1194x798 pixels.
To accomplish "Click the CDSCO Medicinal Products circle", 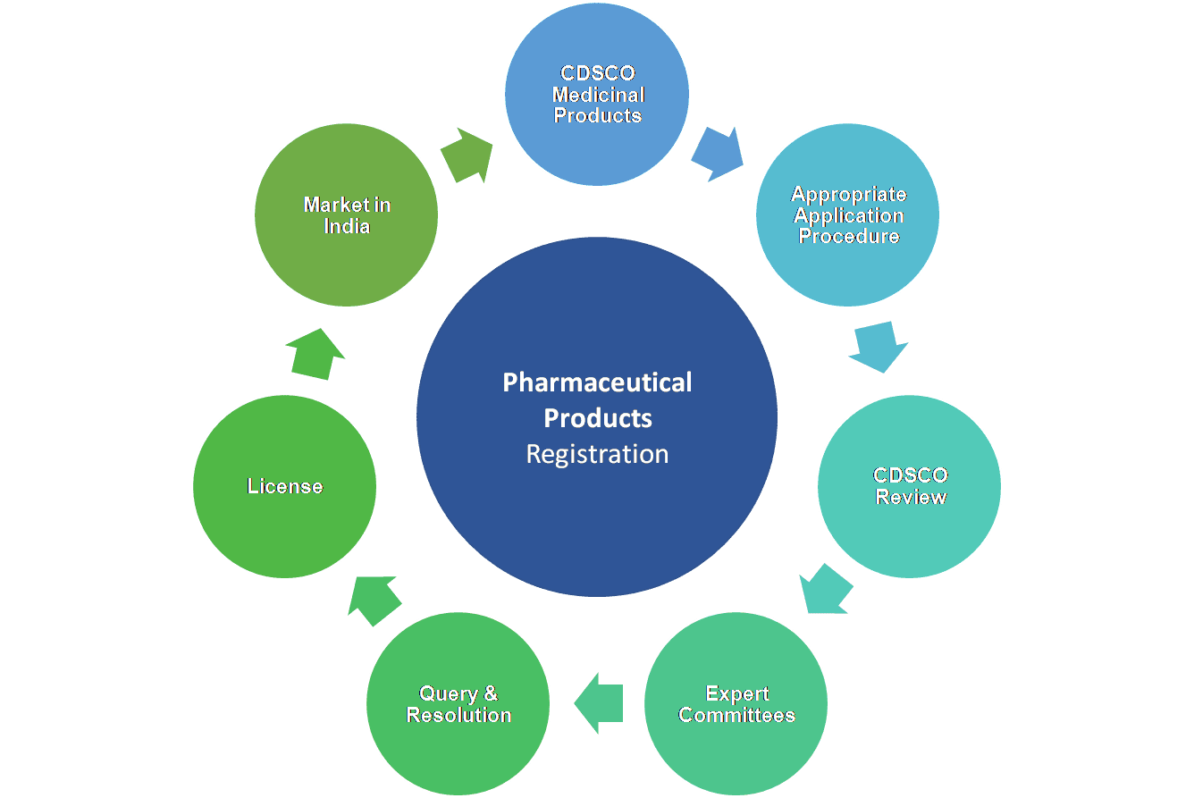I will tap(597, 94).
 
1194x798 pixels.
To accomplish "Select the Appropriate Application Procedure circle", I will tap(847, 214).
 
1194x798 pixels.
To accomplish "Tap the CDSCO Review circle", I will tap(909, 486).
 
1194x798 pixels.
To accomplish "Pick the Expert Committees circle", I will tap(736, 704).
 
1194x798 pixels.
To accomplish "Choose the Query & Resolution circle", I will tap(458, 704).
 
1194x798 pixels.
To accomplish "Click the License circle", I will tap(284, 486).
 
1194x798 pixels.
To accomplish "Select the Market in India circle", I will tap(346, 214).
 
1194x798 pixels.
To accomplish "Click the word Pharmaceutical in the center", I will tap(597, 382).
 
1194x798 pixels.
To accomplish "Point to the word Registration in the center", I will tap(597, 454).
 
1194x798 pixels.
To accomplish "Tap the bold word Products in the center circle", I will tap(598, 418).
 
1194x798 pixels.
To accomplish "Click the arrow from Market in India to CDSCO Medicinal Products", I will tap(467, 155).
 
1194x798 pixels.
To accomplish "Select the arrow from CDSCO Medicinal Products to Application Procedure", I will tap(718, 154).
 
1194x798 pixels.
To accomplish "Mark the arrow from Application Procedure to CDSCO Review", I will tap(878, 347).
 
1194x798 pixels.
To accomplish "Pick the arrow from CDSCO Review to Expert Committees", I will tap(826, 588).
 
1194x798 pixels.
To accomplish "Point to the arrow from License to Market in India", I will tap(315, 354).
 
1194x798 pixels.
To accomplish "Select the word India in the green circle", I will tap(347, 226).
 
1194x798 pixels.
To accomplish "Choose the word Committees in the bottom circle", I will tap(736, 715).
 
